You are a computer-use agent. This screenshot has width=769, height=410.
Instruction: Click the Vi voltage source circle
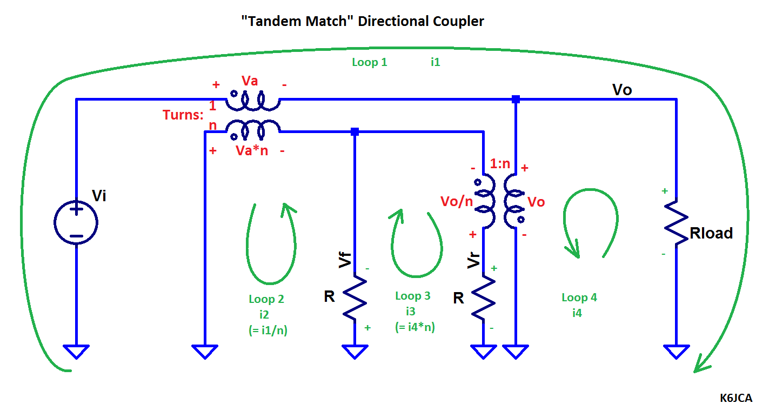coord(54,223)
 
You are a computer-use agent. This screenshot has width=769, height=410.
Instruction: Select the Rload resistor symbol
coord(676,224)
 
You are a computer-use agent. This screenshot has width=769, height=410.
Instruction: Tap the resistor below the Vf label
coord(355,297)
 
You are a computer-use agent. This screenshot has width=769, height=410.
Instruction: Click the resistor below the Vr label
coord(483,297)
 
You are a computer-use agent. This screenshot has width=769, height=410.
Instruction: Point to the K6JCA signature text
coord(736,398)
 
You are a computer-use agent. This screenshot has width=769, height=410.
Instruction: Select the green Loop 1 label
coord(370,62)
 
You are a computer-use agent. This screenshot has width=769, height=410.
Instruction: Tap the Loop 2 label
coord(266,299)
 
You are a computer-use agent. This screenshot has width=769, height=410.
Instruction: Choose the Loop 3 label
coord(413,296)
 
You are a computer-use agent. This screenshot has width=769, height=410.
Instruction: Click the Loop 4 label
coord(579,297)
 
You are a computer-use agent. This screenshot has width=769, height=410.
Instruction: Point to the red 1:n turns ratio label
coord(500,163)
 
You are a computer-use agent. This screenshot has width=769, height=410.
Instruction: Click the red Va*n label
coord(252,151)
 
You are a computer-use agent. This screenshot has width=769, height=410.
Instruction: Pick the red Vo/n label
coord(457,201)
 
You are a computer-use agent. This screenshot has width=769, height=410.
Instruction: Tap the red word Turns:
coord(183,115)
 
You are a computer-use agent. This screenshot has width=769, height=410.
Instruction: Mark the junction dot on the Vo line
coord(516,100)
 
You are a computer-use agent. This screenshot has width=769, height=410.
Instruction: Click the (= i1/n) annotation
coord(268,330)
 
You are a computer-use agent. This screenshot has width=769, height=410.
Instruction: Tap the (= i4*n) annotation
coord(414,327)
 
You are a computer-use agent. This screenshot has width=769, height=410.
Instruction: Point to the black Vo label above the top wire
coord(622,90)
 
